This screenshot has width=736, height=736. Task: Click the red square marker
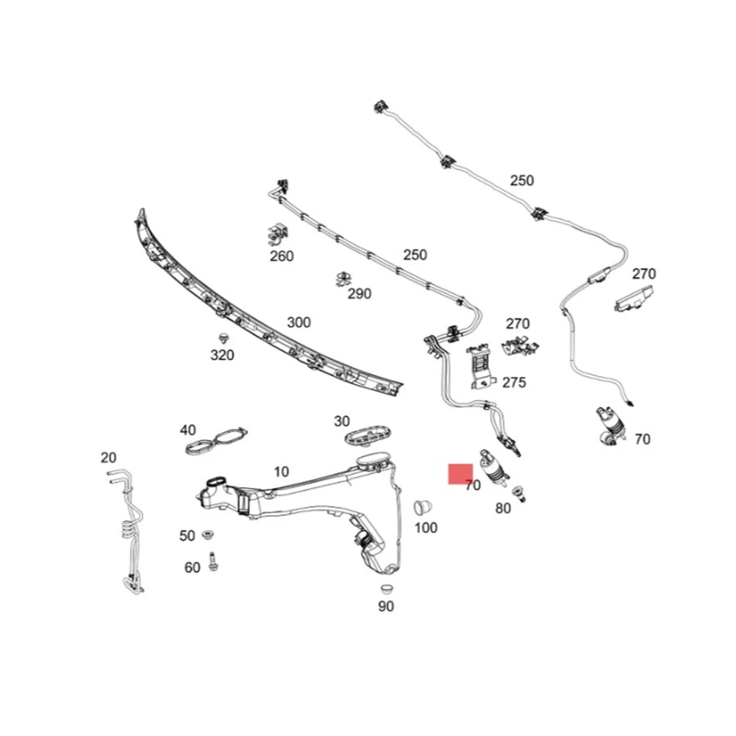pos(460,473)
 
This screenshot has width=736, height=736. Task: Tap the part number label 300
pos(299,323)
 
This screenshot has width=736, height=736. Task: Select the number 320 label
pos(222,355)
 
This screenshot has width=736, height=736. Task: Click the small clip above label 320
pos(223,338)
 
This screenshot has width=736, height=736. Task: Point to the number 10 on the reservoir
pos(281,472)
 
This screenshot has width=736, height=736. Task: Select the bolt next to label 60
pos(213,561)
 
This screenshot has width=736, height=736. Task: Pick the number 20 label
pos(108,458)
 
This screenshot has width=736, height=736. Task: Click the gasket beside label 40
pos(216,440)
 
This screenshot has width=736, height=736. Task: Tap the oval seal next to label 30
pos(367,438)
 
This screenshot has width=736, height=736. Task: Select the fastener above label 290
pos(343,279)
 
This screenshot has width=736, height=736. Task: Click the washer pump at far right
pos(607,424)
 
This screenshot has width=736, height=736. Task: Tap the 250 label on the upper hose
pos(521,181)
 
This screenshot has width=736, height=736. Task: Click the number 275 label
pos(514,383)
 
